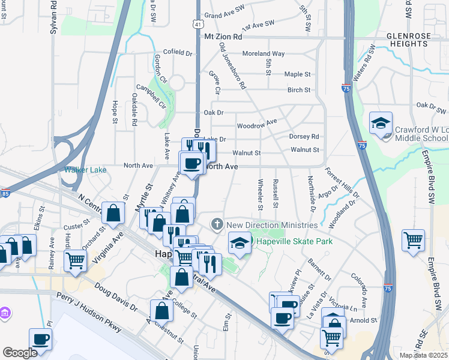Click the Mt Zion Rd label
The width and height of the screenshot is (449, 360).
tap(223, 37)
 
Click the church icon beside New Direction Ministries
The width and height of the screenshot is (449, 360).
tap(217, 224)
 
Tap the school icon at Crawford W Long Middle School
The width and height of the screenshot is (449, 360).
tap(381, 124)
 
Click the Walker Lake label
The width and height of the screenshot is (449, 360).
tap(85, 170)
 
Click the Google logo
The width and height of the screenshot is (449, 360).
tap(20, 352)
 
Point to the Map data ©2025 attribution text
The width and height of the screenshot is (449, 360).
tap(423, 355)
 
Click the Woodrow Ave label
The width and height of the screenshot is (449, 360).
tap(256, 124)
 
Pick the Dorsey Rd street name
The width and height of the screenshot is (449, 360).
tap(304, 136)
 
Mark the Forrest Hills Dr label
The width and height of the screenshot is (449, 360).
tap(342, 182)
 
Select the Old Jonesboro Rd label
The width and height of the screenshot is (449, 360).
tap(232, 66)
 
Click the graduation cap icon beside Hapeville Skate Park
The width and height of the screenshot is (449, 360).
tap(240, 243)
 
